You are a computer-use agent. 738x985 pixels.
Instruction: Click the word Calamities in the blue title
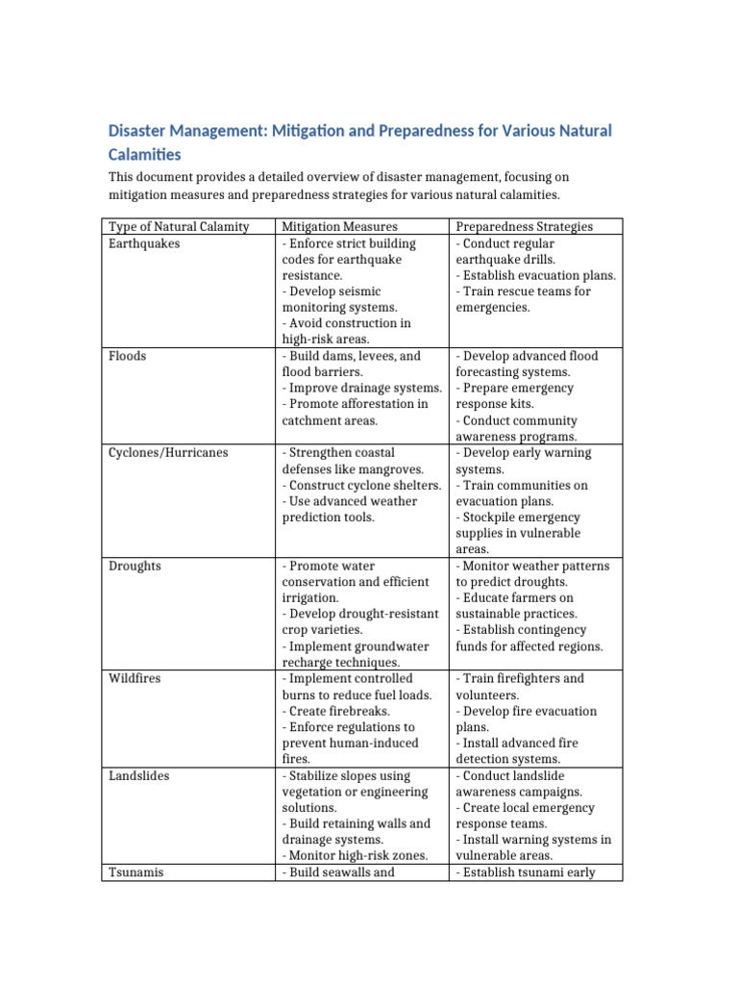tap(144, 154)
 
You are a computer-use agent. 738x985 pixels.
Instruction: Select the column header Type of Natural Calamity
tap(179, 227)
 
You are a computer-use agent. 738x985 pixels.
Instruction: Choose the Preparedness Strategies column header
tap(524, 227)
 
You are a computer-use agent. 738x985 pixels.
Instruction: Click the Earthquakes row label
tap(144, 243)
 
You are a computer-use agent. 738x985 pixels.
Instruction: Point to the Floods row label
tap(128, 356)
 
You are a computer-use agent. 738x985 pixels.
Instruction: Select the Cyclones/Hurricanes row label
tap(168, 453)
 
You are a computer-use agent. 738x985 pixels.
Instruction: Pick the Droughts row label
tap(135, 566)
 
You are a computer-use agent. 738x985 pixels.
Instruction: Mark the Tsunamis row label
tap(135, 872)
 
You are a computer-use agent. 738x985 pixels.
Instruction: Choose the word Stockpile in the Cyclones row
tap(491, 518)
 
